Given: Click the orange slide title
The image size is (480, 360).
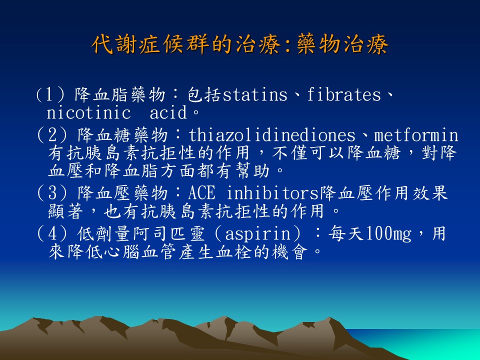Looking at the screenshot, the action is [240, 44].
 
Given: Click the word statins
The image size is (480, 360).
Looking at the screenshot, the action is [254, 94].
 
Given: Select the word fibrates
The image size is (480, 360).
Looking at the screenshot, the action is [344, 94].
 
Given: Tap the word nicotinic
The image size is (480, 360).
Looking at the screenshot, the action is [88, 112].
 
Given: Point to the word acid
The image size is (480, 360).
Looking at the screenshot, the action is [168, 112].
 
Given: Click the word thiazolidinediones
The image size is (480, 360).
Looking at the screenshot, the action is [272, 135].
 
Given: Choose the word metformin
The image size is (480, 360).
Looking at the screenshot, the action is [416, 135].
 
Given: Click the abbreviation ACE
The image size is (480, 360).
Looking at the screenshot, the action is [201, 193].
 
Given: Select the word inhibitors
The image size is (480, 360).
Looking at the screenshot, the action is [273, 193].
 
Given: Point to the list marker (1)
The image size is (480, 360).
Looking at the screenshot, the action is [50, 94].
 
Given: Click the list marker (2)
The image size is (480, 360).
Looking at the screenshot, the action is [51, 135].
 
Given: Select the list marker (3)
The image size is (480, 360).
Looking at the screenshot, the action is [51, 193].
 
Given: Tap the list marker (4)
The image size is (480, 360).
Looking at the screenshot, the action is [51, 234].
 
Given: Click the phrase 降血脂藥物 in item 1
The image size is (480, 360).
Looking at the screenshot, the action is [120, 94].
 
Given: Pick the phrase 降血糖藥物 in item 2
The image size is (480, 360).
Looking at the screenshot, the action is [122, 135].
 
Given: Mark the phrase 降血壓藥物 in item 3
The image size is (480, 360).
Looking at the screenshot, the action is [122, 193].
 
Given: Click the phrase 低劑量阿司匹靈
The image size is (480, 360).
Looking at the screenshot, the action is [141, 234].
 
